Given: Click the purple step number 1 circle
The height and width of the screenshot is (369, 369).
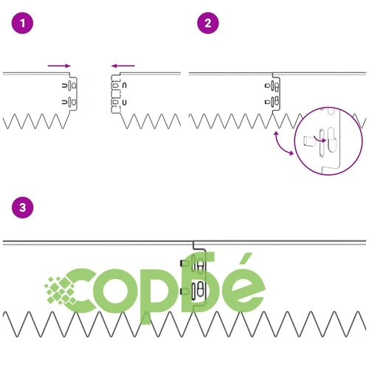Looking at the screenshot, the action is pyautogui.click(x=22, y=23).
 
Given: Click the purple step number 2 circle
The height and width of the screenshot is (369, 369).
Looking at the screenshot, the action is pyautogui.click(x=208, y=23).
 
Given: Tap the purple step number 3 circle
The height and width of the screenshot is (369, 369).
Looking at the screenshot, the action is pyautogui.click(x=22, y=207).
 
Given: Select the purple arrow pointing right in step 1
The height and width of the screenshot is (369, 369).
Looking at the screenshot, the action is pyautogui.click(x=59, y=66).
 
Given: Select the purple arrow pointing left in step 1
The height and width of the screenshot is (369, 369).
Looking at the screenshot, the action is pyautogui.click(x=123, y=66).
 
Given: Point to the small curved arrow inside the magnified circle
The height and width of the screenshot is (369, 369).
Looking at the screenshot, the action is pyautogui.click(x=320, y=139).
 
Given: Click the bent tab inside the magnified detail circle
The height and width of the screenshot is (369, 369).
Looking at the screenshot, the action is pyautogui.click(x=309, y=141).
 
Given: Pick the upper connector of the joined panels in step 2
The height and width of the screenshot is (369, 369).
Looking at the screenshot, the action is pyautogui.click(x=272, y=86).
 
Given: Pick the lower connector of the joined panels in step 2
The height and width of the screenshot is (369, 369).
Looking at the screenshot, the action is pyautogui.click(x=272, y=101).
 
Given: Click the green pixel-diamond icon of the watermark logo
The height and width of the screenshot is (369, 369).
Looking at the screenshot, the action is pyautogui.click(x=59, y=290).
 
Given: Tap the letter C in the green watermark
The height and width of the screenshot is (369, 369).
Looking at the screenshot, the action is pyautogui.click(x=79, y=291).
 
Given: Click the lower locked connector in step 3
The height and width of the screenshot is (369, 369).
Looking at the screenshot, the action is pyautogui.click(x=194, y=291).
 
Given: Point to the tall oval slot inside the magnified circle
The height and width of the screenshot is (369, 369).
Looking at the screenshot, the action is pyautogui.click(x=331, y=139).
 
